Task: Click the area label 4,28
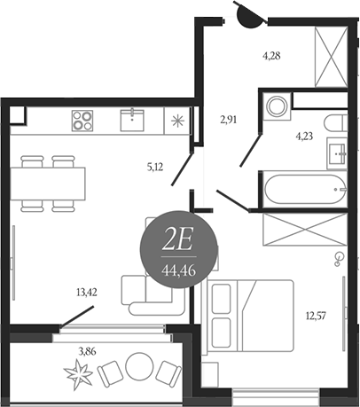coord(271,56)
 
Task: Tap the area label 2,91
coord(229,121)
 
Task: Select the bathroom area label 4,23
coord(304,137)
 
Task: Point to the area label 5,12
coord(155,168)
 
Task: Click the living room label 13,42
coord(87,293)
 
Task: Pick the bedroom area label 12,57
coord(316,316)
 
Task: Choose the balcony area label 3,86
coord(87,352)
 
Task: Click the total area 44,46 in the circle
coord(179,270)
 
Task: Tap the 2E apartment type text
coord(177,241)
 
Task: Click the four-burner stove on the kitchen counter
coord(82,121)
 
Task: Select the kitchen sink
coord(132,120)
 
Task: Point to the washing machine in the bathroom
coord(277,106)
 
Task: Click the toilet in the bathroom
coord(336,123)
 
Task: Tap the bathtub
coord(305,189)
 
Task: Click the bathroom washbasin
coord(336,153)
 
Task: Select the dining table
coord(48,184)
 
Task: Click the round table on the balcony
coord(139,366)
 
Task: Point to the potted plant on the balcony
coord(78,374)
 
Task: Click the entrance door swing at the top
coord(250,15)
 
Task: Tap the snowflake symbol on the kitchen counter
coord(177,121)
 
